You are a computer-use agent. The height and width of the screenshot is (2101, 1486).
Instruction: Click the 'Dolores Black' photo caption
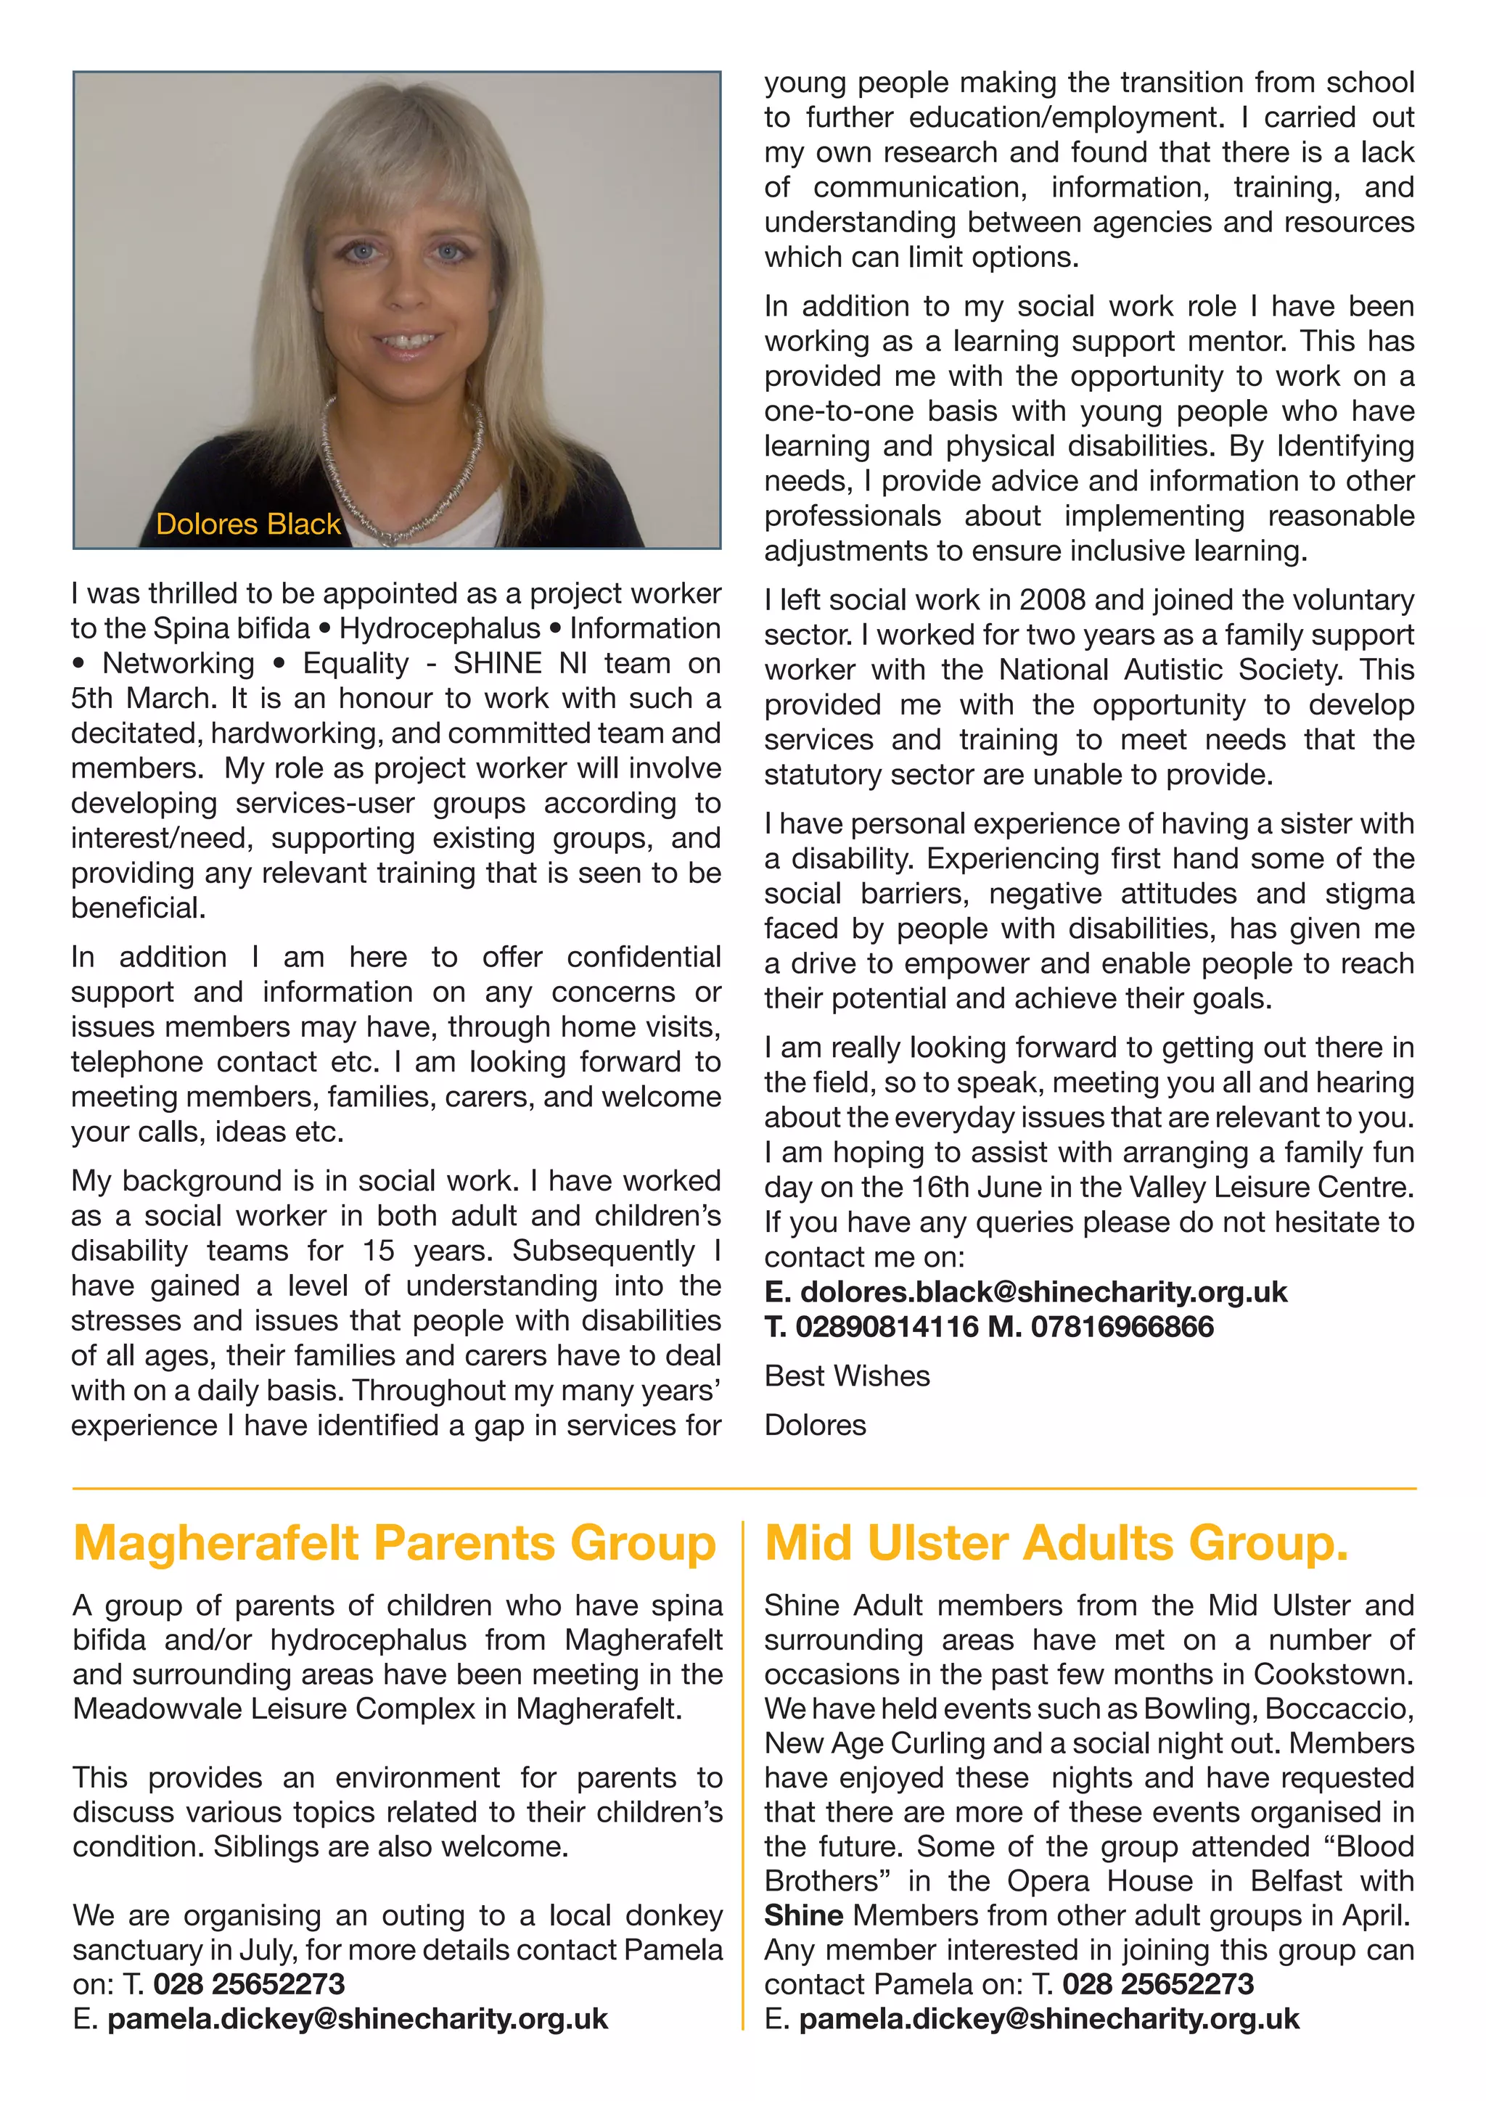[248, 525]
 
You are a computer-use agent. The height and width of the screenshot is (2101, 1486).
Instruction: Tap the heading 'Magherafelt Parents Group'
[395, 1544]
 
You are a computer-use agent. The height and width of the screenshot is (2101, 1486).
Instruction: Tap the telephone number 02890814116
[887, 1327]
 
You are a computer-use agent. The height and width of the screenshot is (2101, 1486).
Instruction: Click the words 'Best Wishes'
[847, 1376]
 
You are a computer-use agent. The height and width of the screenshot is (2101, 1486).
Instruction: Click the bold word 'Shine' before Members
[803, 1916]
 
